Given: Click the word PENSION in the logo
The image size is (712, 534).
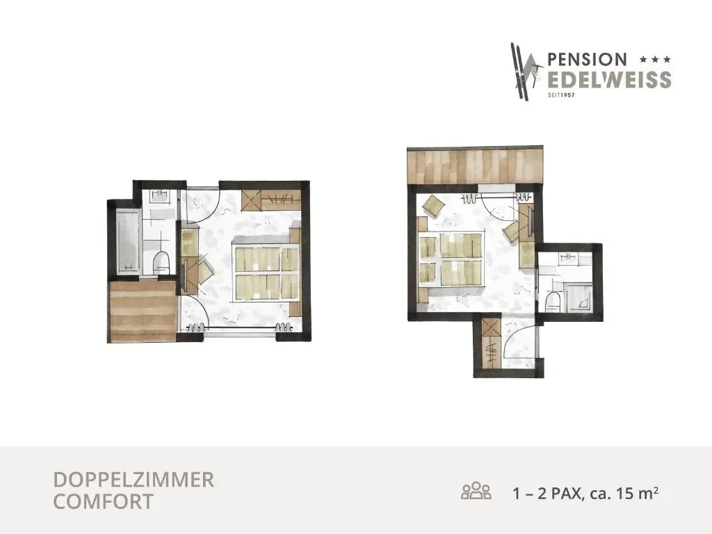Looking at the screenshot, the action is tap(587, 59).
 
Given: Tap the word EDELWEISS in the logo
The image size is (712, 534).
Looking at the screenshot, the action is tap(609, 79).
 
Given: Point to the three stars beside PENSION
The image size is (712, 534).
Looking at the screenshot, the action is tap(655, 59).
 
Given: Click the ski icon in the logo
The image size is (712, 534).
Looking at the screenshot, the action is tap(526, 72).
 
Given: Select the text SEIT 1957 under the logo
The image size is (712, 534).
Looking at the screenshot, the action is tap(561, 95).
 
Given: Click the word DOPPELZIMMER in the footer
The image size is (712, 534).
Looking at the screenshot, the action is tap(133, 480).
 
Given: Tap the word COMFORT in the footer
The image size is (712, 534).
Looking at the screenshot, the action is tap(103, 502).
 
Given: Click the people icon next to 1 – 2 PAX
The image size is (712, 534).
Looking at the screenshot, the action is tap(476, 491).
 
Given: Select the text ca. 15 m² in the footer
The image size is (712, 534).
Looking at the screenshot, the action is tap(624, 493).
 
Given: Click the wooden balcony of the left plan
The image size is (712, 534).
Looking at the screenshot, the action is tap(143, 311).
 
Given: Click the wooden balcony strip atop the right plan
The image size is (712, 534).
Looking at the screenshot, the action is tap(475, 165).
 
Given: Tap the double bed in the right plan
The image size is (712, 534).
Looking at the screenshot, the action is tap(451, 259).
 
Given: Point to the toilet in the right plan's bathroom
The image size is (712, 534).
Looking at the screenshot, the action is tap(553, 302).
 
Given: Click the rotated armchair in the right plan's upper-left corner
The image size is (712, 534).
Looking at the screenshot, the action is tap(434, 206).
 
